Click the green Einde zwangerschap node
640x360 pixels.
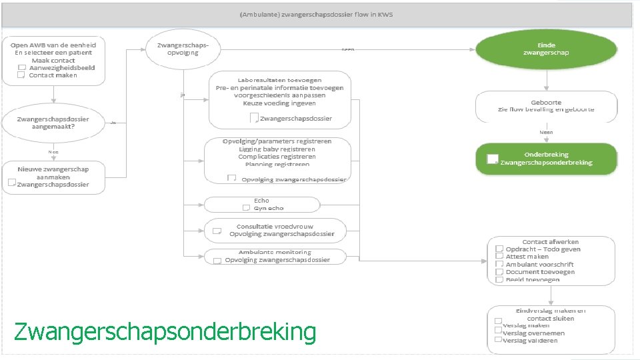pos(546,49)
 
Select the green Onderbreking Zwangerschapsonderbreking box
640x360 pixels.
pos(546,159)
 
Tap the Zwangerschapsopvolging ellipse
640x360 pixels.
pos(183,49)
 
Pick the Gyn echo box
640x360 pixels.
pos(261,204)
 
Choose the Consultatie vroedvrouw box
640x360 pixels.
pos(275,230)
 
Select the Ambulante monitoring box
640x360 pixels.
pos(275,256)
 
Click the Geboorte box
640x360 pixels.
pos(546,106)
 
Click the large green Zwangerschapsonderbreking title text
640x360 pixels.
pos(165,331)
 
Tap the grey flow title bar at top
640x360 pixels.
pos(317,15)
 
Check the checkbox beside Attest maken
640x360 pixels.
pos(498,256)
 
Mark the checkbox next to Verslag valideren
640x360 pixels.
pos(497,341)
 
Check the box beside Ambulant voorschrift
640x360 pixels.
pos(498,265)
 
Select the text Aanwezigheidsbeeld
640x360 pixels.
pos(62,67)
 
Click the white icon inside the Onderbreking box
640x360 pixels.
pos(493,159)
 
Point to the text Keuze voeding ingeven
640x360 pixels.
pos(279,103)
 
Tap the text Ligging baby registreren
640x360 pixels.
pos(277,149)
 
